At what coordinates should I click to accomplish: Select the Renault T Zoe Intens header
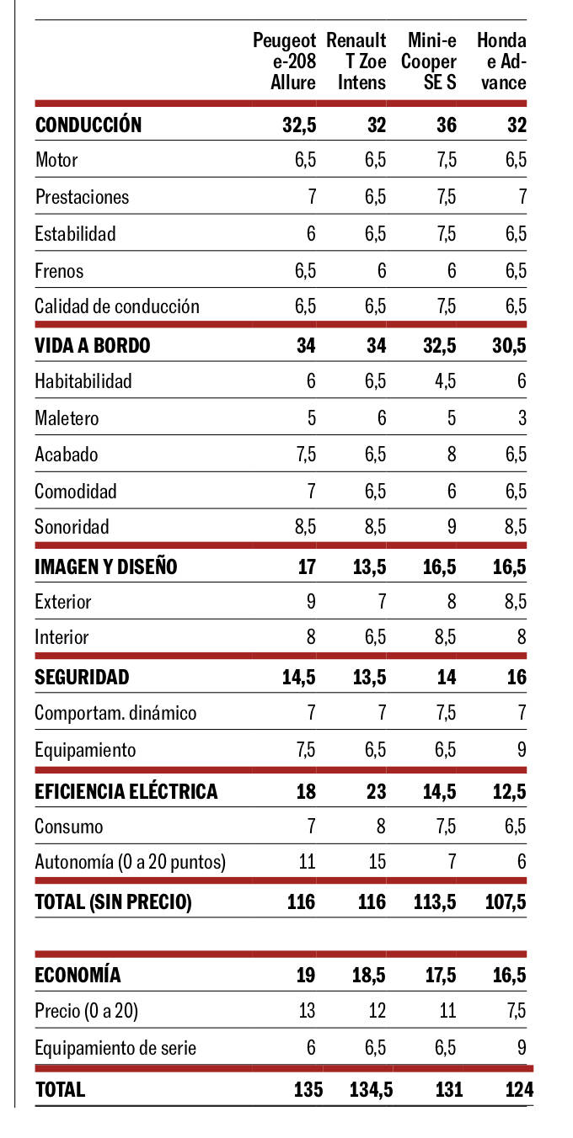356,61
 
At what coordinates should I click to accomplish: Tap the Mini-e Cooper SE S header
429,61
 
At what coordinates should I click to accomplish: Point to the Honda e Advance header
501,61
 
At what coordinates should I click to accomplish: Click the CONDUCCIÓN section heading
88,125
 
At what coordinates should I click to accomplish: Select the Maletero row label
67,417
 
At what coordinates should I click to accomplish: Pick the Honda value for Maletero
522,417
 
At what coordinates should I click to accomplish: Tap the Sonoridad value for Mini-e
451,528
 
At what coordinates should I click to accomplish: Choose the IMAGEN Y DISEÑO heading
106,566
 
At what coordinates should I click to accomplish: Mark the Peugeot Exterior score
310,602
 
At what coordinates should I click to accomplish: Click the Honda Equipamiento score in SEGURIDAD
522,750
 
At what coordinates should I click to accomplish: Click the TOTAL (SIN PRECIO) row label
114,902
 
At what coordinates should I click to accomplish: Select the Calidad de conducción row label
117,306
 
